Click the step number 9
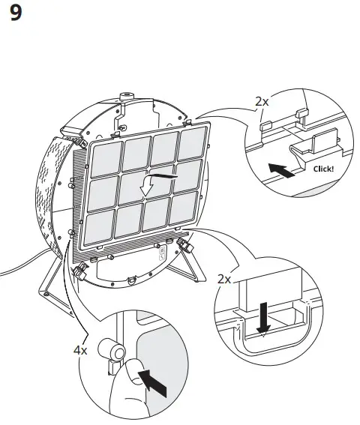click(16, 14)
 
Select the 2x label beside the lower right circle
click(223, 279)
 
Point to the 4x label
click(80, 350)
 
